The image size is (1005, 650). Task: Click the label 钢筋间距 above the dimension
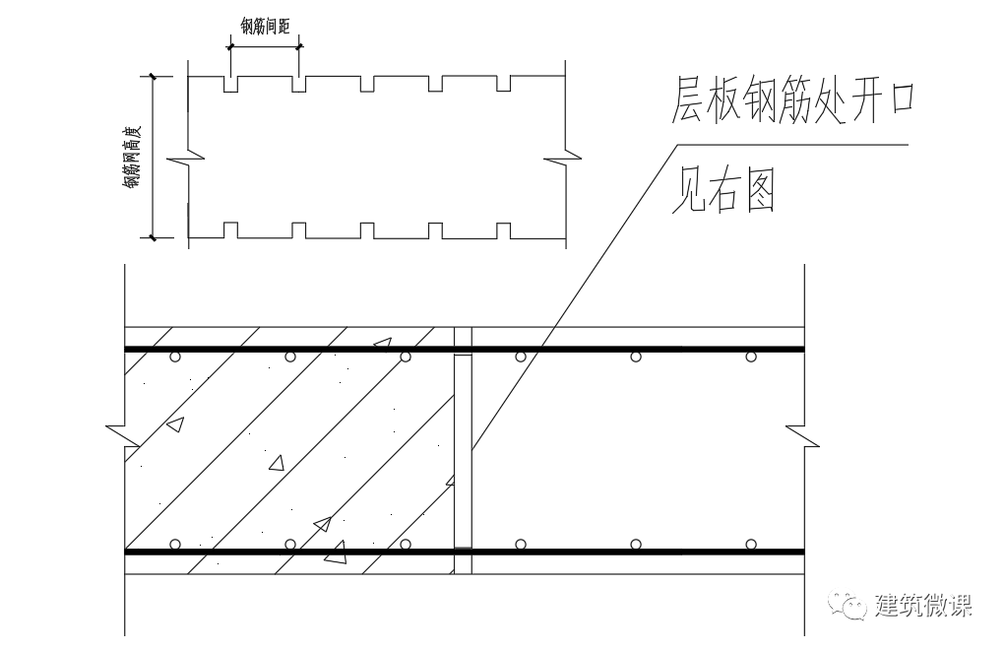pyautogui.click(x=265, y=27)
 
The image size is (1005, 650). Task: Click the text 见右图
pyautogui.click(x=723, y=191)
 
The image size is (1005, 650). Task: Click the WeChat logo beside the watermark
pyautogui.click(x=848, y=604)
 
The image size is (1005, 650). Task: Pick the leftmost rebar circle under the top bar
pyautogui.click(x=175, y=357)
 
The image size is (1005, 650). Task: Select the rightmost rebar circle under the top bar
pyautogui.click(x=751, y=357)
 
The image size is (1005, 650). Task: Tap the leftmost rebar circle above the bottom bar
pyautogui.click(x=175, y=544)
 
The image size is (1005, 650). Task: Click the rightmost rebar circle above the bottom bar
pyautogui.click(x=751, y=544)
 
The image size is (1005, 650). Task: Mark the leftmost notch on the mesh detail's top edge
pyautogui.click(x=231, y=85)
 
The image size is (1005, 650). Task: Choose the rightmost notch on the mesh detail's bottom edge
pyautogui.click(x=503, y=229)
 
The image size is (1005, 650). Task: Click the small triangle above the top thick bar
pyautogui.click(x=382, y=343)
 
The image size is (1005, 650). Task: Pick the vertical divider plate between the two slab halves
pyautogui.click(x=463, y=448)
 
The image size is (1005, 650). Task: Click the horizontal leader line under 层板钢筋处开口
pyautogui.click(x=787, y=146)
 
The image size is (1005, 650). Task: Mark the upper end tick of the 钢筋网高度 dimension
pyautogui.click(x=154, y=76)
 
